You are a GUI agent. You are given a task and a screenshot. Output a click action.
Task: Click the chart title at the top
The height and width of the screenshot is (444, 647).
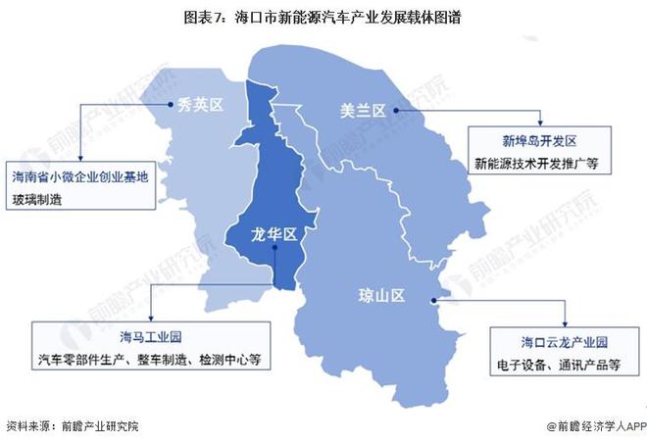pyautogui.click(x=323, y=18)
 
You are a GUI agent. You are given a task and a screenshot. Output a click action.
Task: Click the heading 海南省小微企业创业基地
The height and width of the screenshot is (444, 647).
pyautogui.click(x=80, y=177)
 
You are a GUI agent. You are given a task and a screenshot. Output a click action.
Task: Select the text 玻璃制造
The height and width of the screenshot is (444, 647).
pyautogui.click(x=36, y=199)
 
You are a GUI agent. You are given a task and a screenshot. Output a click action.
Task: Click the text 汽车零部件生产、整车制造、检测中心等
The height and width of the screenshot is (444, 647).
pyautogui.click(x=151, y=359)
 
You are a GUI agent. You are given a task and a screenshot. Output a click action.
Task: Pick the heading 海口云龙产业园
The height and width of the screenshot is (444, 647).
pyautogui.click(x=551, y=342)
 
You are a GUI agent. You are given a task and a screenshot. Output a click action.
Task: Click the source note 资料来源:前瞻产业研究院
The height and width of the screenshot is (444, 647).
pyautogui.click(x=73, y=427)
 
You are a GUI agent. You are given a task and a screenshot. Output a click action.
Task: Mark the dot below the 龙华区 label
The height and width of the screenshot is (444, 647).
pyautogui.click(x=276, y=249)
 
